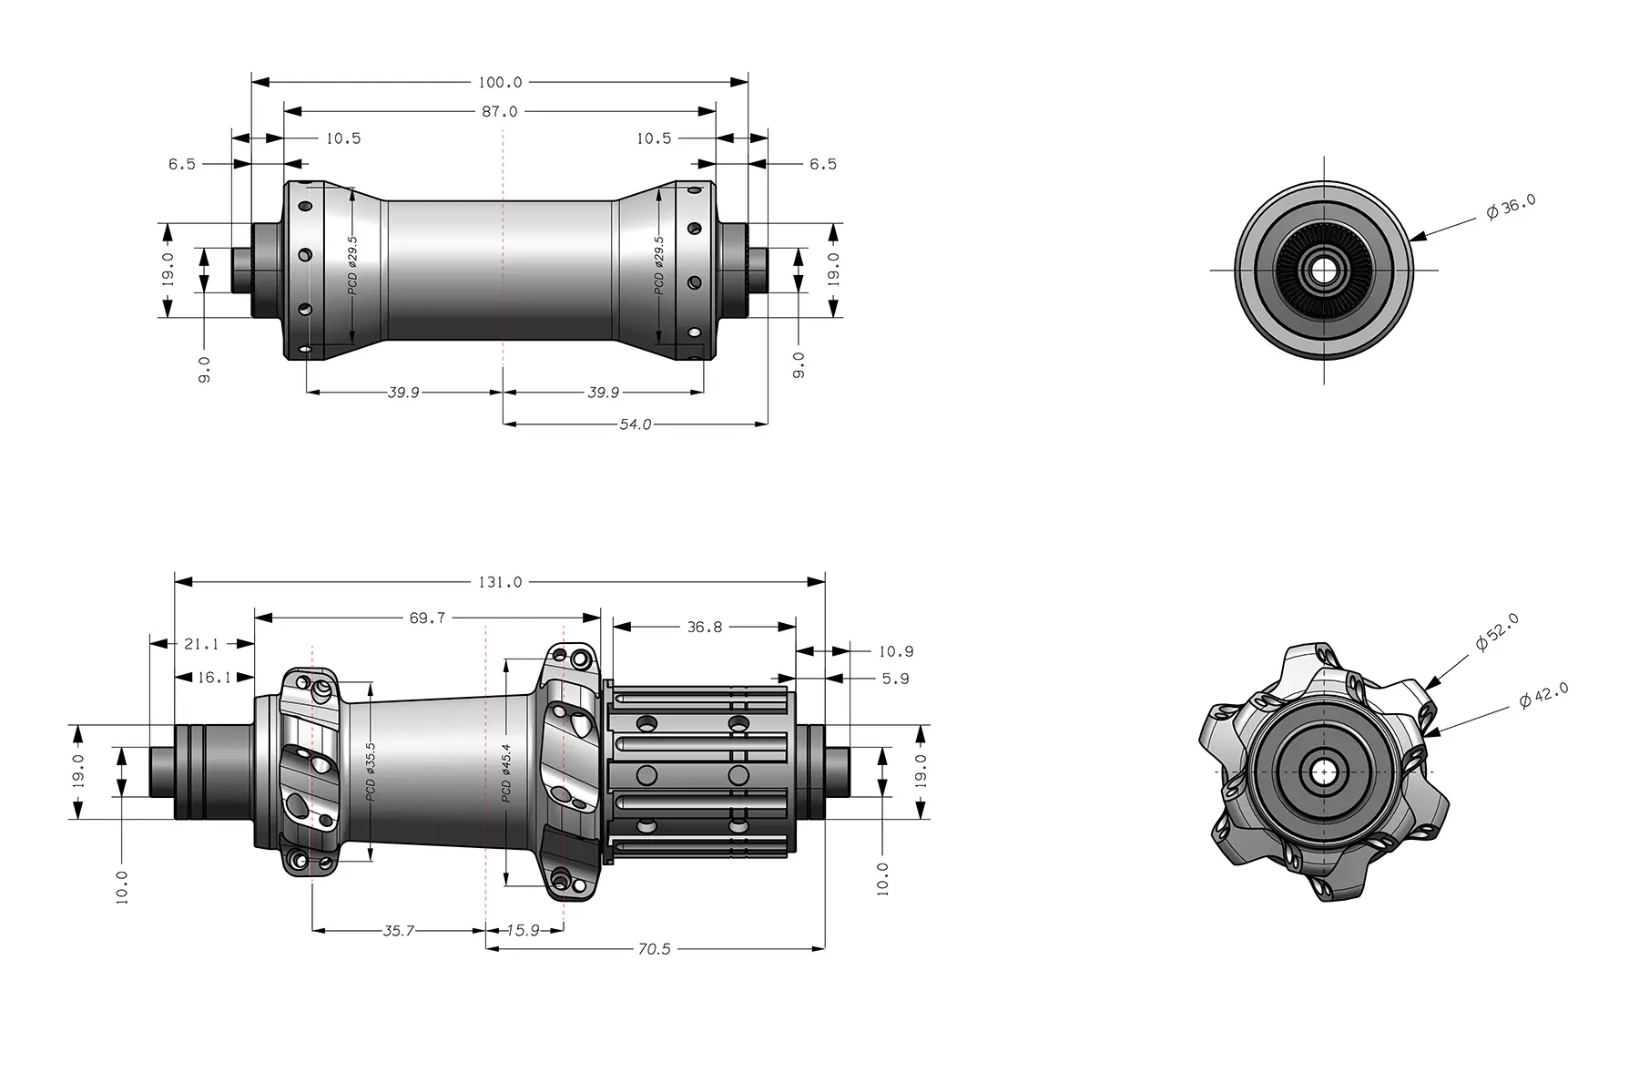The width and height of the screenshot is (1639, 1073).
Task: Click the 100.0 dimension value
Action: pos(500,82)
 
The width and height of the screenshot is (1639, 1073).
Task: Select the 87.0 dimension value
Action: pos(500,111)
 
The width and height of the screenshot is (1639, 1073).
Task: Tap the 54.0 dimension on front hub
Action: pos(635,424)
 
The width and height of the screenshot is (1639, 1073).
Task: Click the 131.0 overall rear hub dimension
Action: pos(500,581)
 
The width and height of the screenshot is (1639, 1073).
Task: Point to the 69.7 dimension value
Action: pos(427,618)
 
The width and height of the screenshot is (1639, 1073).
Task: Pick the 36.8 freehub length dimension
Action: pos(704,627)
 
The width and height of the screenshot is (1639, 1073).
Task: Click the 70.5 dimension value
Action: pos(654,949)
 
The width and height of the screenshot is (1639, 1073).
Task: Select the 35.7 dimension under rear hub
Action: pos(398,931)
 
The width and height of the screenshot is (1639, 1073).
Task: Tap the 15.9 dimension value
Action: pos(523,931)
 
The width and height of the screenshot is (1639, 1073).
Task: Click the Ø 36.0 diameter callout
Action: pos(1511,208)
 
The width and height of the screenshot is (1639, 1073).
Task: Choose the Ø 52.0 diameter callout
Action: pos(1497,632)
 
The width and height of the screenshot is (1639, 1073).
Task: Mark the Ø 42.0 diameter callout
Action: pos(1544,696)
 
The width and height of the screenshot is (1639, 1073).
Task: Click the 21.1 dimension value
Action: pos(201,644)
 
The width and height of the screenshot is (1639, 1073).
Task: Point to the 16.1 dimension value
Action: pos(214,678)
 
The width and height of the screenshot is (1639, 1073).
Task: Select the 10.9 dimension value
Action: pos(896,651)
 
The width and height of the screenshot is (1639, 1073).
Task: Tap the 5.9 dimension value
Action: pos(895,679)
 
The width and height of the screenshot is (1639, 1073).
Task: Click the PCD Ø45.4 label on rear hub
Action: pos(506,772)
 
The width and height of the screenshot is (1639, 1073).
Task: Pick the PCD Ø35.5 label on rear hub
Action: pos(371,772)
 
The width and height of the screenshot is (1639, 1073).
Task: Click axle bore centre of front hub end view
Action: pos(1324,270)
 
